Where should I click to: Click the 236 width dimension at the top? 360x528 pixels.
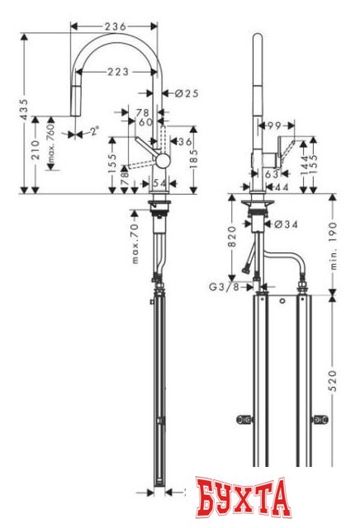pos(116,26)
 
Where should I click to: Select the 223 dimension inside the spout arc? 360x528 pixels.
pos(118,73)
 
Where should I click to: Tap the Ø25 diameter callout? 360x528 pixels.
pos(187,94)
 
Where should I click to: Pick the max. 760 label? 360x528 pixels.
pos(50,145)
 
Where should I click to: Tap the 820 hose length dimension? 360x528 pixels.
pos(233,239)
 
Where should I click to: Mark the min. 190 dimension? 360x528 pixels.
pos(334,240)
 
